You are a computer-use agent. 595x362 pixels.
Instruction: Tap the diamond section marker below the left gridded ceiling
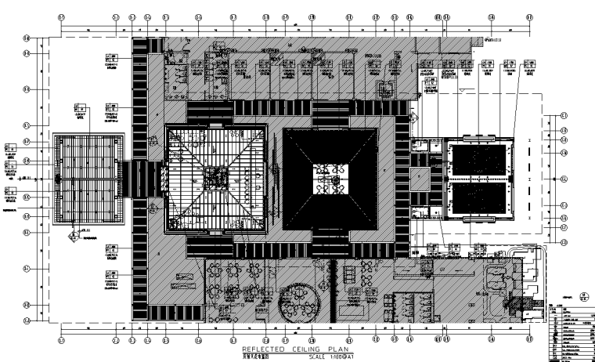[x=74, y=231]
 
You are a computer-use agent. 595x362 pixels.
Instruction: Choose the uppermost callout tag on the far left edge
[x=9, y=147]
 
